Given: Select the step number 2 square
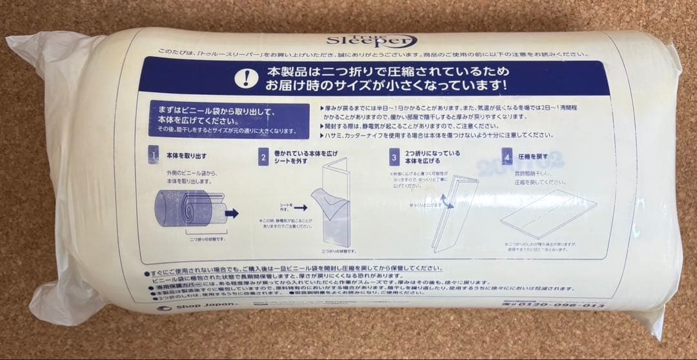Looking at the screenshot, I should [263, 157].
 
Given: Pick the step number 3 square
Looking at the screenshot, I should [394, 157].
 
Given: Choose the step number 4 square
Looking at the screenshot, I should [507, 156].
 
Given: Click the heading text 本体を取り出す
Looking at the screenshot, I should [186, 156].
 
